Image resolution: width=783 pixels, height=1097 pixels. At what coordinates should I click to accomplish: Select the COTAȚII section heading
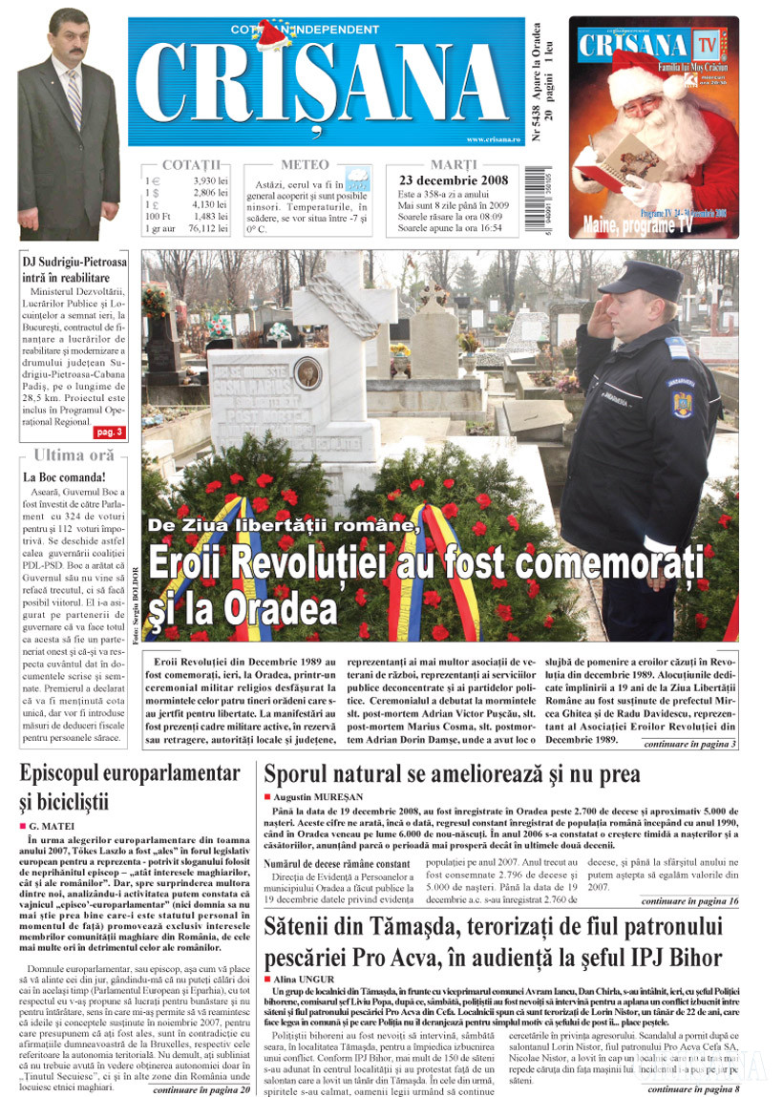tap(190, 164)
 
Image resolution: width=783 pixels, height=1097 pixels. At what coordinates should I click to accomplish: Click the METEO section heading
tap(305, 164)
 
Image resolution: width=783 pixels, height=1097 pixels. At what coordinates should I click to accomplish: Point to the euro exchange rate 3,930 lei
tap(211, 179)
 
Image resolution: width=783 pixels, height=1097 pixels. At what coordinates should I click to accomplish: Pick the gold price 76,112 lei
tap(207, 229)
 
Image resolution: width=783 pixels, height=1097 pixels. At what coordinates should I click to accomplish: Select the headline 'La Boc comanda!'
tap(64, 476)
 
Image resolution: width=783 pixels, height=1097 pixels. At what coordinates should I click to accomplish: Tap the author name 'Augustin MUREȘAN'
tap(318, 794)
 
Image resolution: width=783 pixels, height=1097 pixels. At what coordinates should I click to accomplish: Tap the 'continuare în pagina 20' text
tap(201, 1088)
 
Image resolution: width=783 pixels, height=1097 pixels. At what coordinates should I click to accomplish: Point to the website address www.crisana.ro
tap(494, 139)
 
